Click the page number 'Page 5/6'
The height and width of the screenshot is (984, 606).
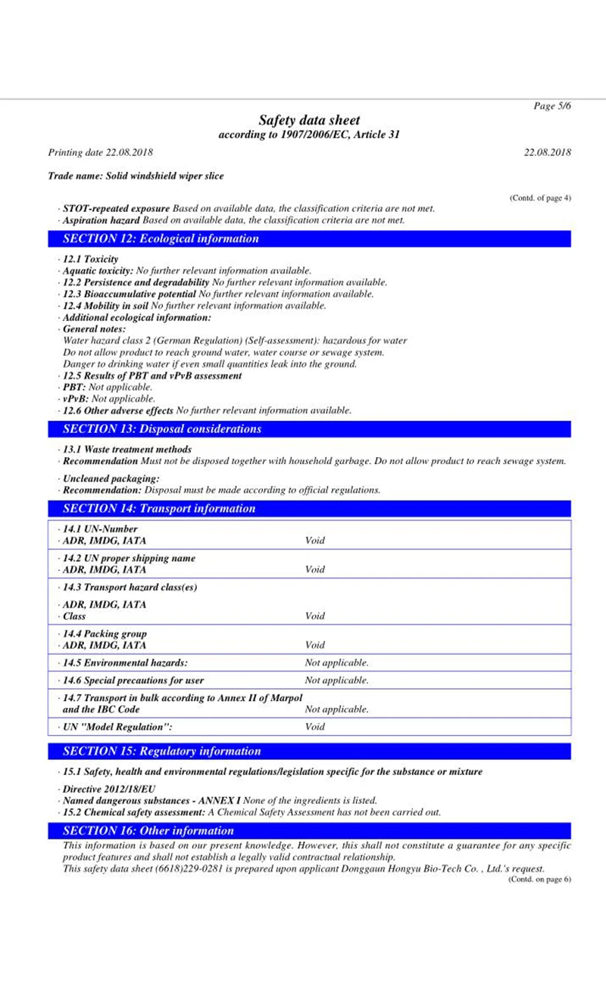pyautogui.click(x=552, y=106)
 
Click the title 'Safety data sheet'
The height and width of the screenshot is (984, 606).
pyautogui.click(x=309, y=120)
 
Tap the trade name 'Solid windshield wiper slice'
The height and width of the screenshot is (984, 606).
pyautogui.click(x=136, y=176)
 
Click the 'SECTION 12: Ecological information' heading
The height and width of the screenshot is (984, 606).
pyautogui.click(x=161, y=238)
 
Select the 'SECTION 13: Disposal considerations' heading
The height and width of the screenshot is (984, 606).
pyautogui.click(x=162, y=429)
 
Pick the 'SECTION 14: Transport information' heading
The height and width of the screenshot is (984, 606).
pyautogui.click(x=159, y=509)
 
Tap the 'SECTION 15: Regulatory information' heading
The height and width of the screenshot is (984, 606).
pyautogui.click(x=162, y=752)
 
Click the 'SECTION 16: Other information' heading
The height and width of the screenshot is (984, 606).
pyautogui.click(x=148, y=830)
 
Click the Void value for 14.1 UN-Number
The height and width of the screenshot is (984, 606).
pyautogui.click(x=314, y=540)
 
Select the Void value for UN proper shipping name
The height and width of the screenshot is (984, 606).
pyautogui.click(x=314, y=569)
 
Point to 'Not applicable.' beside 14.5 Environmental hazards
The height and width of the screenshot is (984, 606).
pyautogui.click(x=336, y=663)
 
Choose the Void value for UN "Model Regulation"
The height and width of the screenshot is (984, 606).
pyautogui.click(x=314, y=727)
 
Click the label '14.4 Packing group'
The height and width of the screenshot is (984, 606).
pyautogui.click(x=105, y=634)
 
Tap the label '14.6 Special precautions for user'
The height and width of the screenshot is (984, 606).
pyautogui.click(x=133, y=680)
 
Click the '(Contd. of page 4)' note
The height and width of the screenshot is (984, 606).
pyautogui.click(x=540, y=198)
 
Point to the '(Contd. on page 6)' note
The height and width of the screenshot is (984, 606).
pyautogui.click(x=539, y=879)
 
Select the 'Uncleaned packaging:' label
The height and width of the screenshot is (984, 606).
pyautogui.click(x=111, y=478)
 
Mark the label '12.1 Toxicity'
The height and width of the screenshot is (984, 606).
pyautogui.click(x=90, y=259)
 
